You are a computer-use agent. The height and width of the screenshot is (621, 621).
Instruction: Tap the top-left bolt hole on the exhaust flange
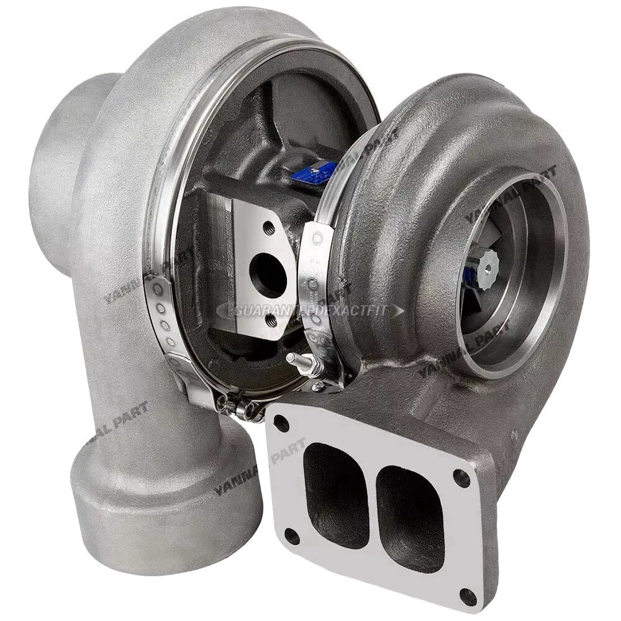281,425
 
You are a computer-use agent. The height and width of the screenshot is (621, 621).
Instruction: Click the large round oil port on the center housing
268,276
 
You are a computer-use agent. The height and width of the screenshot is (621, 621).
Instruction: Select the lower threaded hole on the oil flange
271,320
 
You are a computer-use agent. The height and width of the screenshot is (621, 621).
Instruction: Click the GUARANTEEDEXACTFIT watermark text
310,310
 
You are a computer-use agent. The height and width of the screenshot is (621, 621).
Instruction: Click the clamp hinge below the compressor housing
239,407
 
